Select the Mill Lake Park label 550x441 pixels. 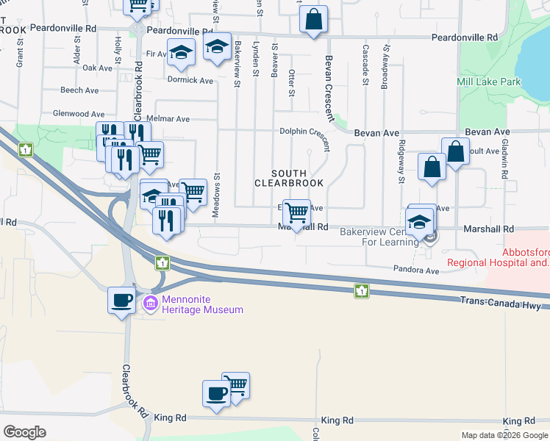pyautogui.click(x=488, y=82)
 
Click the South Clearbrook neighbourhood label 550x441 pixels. pyautogui.click(x=289, y=177)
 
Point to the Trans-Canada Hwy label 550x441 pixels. pyautogui.click(x=504, y=301)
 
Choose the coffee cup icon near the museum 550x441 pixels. pyautogui.click(x=121, y=299)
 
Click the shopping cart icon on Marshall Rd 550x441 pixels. pyautogui.click(x=296, y=213)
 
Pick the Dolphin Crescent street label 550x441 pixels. pyautogui.click(x=304, y=132)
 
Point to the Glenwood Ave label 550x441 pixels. pyautogui.click(x=79, y=114)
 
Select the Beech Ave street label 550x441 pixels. pyautogui.click(x=79, y=90)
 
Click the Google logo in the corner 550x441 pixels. pyautogui.click(x=24, y=432)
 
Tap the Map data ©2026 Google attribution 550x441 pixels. pyautogui.click(x=504, y=435)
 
